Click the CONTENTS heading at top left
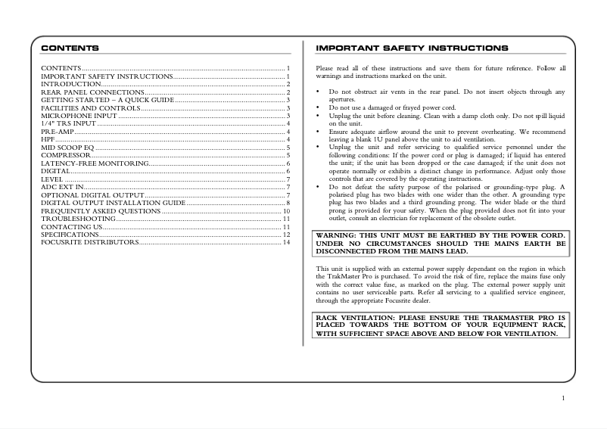point(70,48)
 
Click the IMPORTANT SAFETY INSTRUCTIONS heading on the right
point(412,48)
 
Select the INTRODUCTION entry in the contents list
point(70,84)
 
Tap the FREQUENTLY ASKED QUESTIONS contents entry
point(100,211)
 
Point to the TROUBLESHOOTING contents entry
point(74,219)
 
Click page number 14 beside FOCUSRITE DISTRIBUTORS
point(286,243)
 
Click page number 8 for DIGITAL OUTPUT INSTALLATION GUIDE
point(288,203)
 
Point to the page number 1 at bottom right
point(563,398)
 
